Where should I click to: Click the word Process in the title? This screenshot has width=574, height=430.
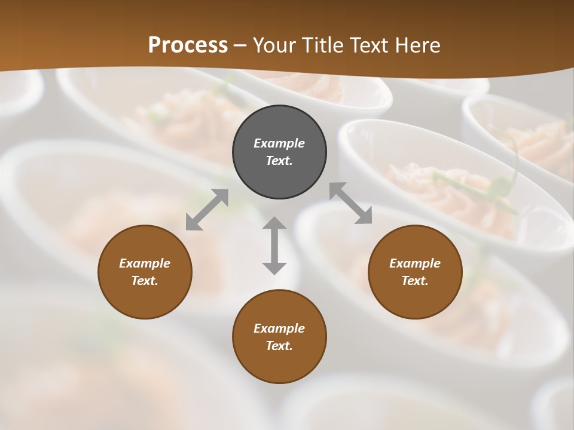coord(188,45)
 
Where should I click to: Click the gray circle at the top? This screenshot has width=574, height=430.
coord(279,122)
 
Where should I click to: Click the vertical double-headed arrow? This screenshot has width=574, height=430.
coord(274,245)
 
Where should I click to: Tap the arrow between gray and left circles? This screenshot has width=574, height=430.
coord(207,210)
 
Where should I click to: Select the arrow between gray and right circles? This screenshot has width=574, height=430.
coord(351,203)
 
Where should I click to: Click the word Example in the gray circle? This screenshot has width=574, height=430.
coord(279,143)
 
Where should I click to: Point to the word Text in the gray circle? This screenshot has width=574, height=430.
coord(279,161)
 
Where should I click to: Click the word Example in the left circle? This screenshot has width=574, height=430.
coord(145,263)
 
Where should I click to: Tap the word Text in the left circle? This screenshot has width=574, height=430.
coord(145,281)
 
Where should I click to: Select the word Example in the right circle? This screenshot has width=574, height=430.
coord(415,263)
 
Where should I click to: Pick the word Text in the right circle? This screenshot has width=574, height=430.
coord(415,281)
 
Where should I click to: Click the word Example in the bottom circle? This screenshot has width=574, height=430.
coord(279,328)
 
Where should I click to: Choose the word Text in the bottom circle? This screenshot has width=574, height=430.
coord(279,346)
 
